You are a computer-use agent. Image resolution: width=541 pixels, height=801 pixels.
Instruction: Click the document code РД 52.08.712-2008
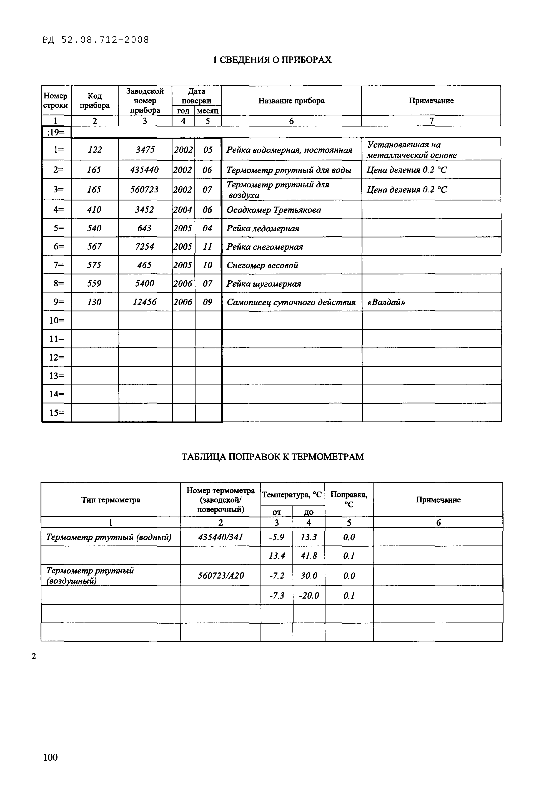(96, 40)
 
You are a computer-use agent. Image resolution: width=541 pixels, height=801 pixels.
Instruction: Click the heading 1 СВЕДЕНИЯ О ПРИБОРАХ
(272, 60)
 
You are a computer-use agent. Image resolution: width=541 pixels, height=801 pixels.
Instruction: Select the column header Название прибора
(291, 101)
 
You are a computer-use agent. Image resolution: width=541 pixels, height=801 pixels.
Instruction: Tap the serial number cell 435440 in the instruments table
(145, 170)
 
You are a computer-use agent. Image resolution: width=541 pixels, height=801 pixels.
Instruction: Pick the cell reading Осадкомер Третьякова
(274, 210)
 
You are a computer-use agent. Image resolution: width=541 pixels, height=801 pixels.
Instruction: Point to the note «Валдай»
(386, 302)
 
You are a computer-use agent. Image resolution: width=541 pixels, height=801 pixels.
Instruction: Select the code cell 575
(94, 265)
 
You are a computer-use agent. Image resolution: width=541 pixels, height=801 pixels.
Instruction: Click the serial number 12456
(145, 302)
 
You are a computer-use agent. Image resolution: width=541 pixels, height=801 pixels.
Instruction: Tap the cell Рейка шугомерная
(264, 284)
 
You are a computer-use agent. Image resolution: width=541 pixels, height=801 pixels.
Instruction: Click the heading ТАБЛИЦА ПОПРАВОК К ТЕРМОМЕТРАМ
(272, 457)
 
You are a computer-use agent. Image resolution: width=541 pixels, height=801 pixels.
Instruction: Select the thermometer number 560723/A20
(221, 576)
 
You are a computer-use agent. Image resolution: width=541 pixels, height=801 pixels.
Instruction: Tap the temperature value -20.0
(309, 596)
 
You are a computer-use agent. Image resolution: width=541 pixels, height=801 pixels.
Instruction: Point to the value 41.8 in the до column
(309, 556)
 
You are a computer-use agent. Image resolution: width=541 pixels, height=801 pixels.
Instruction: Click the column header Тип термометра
(111, 500)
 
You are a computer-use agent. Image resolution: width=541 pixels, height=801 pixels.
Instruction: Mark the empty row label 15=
(56, 413)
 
